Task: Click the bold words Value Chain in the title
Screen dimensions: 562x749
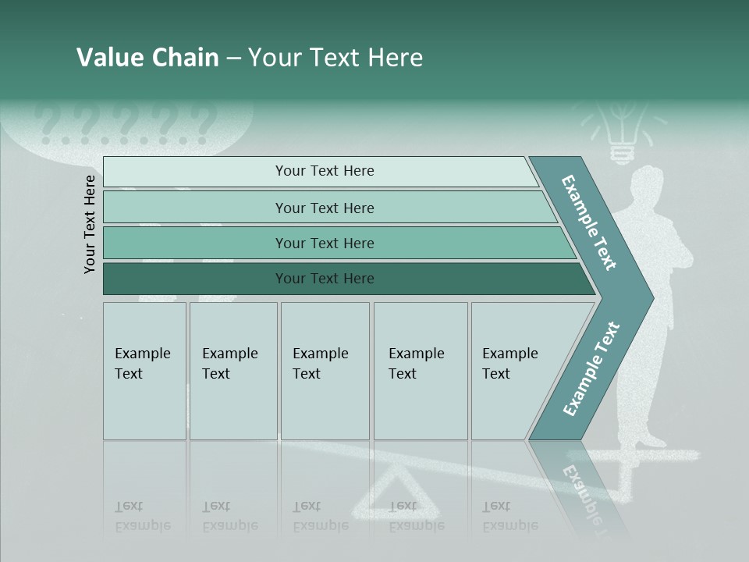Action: click(147, 58)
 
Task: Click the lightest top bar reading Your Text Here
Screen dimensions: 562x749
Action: click(324, 171)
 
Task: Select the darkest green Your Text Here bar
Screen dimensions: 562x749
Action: click(324, 279)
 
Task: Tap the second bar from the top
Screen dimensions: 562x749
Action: click(324, 208)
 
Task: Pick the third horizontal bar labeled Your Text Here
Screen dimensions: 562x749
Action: click(324, 244)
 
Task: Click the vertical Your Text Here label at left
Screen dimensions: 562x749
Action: click(90, 224)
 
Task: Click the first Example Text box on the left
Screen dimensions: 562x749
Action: click(144, 371)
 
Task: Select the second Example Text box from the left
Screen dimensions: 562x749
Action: click(233, 371)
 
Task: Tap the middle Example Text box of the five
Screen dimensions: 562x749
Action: click(324, 371)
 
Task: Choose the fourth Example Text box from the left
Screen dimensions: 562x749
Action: click(420, 371)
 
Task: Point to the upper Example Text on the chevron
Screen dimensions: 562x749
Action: click(590, 222)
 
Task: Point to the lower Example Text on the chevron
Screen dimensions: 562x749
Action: click(591, 368)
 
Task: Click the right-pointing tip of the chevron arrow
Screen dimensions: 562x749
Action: click(649, 297)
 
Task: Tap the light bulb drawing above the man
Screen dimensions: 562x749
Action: click(622, 133)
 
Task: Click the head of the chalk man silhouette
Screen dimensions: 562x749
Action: click(644, 186)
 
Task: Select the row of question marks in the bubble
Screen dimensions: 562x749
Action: click(125, 125)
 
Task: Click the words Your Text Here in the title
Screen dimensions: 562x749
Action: click(335, 58)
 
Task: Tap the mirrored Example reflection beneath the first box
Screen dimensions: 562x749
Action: click(143, 525)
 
